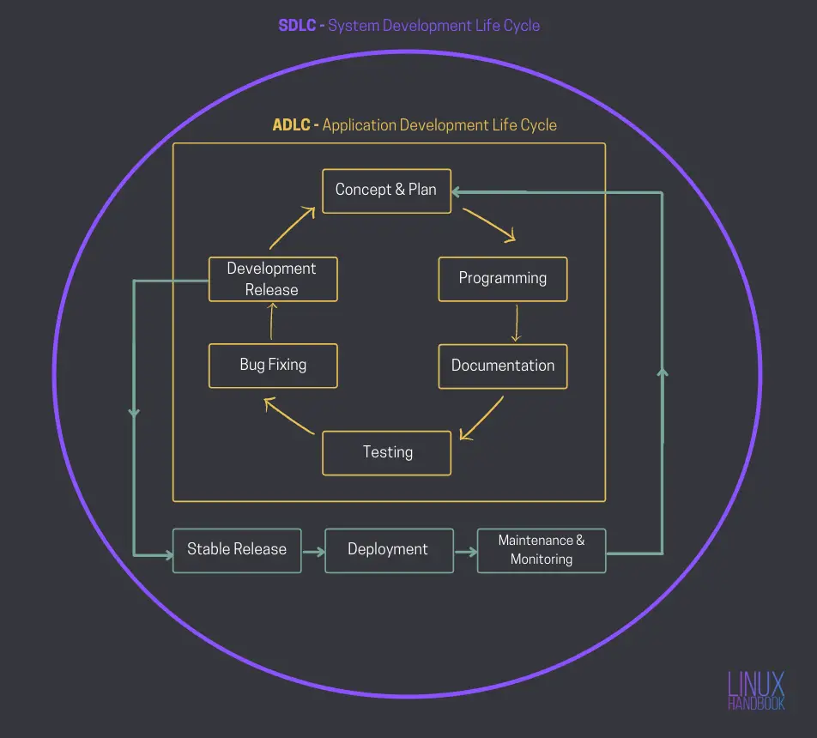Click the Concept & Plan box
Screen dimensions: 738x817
(386, 191)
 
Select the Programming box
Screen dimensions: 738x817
(503, 279)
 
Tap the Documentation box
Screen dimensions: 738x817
(503, 366)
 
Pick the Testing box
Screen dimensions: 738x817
(386, 452)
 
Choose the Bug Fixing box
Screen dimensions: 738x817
(273, 365)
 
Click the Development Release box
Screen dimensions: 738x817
(273, 279)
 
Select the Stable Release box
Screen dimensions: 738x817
(237, 549)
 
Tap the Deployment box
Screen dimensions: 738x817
(389, 549)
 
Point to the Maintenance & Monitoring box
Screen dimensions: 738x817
(542, 550)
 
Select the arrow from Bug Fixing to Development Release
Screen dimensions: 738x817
(272, 322)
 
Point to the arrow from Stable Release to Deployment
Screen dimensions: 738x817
(313, 550)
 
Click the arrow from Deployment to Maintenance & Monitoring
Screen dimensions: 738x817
(465, 550)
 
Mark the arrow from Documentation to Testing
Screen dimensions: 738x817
(482, 419)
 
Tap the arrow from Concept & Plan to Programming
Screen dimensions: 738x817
(490, 223)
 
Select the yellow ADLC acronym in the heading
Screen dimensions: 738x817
(292, 125)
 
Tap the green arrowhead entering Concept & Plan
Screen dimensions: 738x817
(457, 191)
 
